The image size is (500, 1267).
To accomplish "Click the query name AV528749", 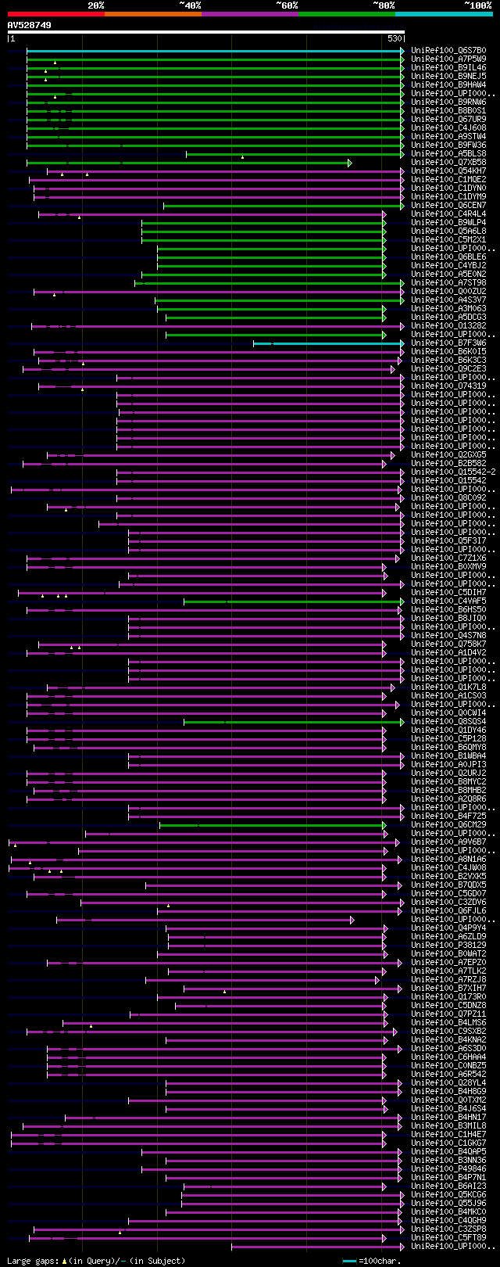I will pyautogui.click(x=29, y=25).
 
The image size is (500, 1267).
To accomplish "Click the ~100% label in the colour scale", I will pyautogui.click(x=477, y=5).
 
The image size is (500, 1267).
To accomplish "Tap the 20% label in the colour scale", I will pyautogui.click(x=96, y=5).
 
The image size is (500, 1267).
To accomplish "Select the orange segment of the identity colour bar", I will pyautogui.click(x=152, y=14).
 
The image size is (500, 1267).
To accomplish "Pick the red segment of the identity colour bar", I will pyautogui.click(x=55, y=14).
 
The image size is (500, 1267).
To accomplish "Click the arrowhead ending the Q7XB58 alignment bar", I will pyautogui.click(x=350, y=163).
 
